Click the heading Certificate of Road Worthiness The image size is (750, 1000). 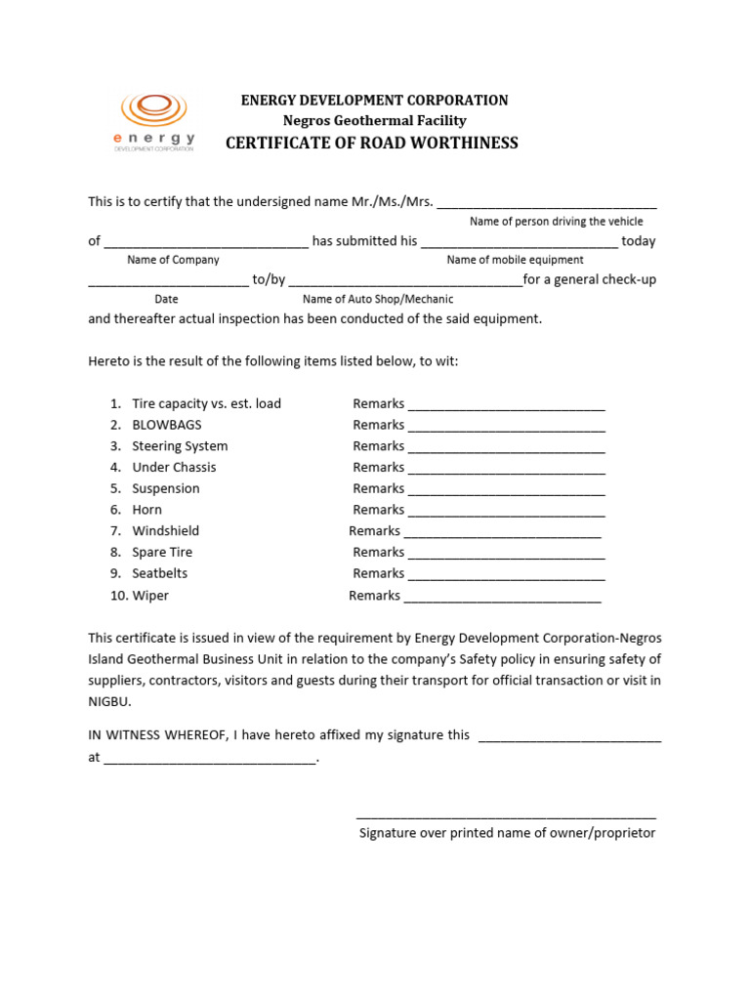coord(372,144)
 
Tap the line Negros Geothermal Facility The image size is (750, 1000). coord(374,121)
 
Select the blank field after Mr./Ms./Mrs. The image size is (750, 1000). coord(547,202)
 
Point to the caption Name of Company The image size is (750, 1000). coord(173,260)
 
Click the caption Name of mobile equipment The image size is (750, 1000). coord(515,260)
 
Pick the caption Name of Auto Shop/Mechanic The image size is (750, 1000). coord(378,300)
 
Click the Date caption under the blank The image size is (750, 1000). coord(166,300)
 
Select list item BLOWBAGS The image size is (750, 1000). coord(167,425)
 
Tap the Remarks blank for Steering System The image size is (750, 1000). coord(506,447)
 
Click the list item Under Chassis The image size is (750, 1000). coord(174,468)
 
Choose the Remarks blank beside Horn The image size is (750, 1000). coord(506,511)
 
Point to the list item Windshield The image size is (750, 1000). coord(166,531)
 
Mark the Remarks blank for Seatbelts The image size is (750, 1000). coord(506,574)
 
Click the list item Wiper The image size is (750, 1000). coord(150,596)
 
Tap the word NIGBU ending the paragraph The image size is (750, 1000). coord(107,701)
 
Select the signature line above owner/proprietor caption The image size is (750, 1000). coord(506,815)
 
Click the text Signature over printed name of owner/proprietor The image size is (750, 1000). coord(507,834)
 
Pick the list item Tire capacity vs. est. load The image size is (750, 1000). coord(206,404)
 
